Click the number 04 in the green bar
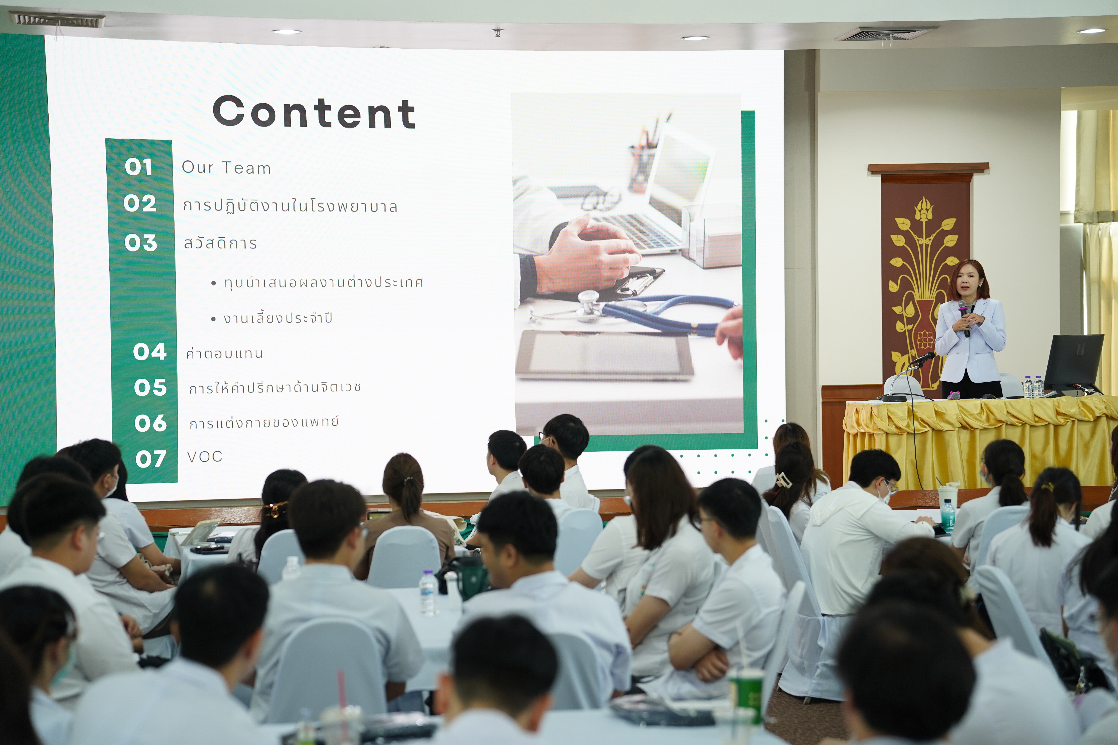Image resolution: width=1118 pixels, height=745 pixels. [x=150, y=352]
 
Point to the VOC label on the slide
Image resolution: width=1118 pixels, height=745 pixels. [x=205, y=457]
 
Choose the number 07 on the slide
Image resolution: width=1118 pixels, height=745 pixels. [x=151, y=459]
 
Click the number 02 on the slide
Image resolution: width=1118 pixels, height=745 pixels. [x=140, y=203]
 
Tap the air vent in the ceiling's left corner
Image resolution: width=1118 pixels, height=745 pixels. [x=57, y=20]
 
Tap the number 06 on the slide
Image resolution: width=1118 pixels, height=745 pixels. [x=151, y=423]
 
